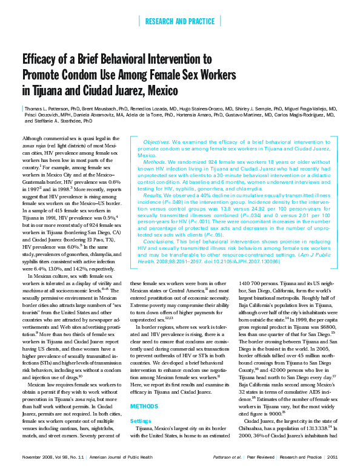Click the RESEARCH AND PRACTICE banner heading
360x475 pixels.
coord(180,22)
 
